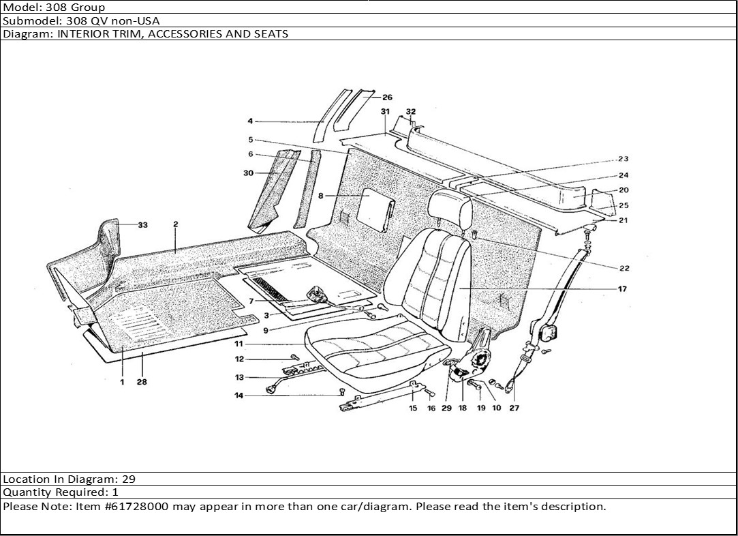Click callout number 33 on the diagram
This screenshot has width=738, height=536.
pyautogui.click(x=143, y=225)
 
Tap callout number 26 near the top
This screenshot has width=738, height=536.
pyautogui.click(x=387, y=98)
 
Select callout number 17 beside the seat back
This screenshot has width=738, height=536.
pyautogui.click(x=622, y=289)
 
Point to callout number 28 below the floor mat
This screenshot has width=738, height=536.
pyautogui.click(x=142, y=383)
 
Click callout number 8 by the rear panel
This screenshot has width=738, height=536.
pyautogui.click(x=320, y=196)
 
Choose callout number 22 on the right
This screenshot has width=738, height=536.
pyautogui.click(x=624, y=268)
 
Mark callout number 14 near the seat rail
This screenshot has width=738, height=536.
pyautogui.click(x=239, y=395)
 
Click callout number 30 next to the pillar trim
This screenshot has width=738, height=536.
pyautogui.click(x=248, y=173)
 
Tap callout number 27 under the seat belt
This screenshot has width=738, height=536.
pyautogui.click(x=514, y=408)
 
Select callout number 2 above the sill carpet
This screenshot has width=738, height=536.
pyautogui.click(x=175, y=224)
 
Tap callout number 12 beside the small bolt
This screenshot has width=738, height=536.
pyautogui.click(x=239, y=359)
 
